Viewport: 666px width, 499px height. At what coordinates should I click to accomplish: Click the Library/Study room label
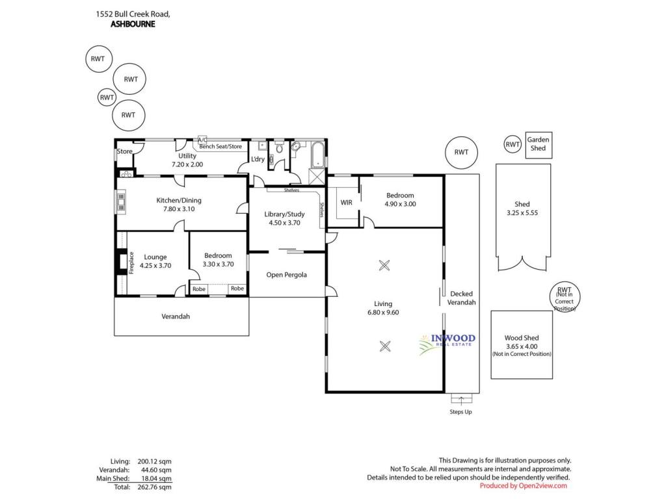[x=284, y=214]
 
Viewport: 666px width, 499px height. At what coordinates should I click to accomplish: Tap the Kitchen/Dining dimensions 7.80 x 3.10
[x=179, y=209]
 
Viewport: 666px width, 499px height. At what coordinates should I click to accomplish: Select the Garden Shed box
[x=539, y=145]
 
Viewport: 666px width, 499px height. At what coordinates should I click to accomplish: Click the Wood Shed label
[x=522, y=338]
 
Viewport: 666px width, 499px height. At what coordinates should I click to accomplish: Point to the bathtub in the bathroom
[x=317, y=155]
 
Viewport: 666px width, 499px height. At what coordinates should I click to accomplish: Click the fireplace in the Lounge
[x=122, y=262]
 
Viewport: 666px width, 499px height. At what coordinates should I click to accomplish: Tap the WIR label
[x=346, y=203]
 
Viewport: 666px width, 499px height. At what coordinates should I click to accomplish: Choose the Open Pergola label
[x=286, y=275]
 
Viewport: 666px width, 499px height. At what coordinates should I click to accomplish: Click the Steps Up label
[x=461, y=411]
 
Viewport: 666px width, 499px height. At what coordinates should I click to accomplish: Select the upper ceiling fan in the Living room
[x=384, y=266]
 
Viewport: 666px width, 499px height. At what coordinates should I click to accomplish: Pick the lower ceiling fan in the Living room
[x=385, y=346]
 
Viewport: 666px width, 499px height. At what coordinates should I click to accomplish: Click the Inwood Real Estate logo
[x=447, y=342]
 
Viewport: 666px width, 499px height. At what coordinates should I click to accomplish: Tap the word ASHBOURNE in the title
[x=133, y=24]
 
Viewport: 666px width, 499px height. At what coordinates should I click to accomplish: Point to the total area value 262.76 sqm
[x=155, y=487]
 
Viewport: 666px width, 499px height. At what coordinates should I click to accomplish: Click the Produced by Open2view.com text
[x=524, y=486]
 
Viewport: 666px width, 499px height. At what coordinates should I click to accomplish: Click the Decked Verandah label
[x=461, y=298]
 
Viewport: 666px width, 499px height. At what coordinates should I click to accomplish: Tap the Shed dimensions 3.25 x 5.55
[x=522, y=212]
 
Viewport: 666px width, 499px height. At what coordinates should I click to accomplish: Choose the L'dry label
[x=258, y=159]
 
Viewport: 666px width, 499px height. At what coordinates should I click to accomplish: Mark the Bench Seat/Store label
[x=220, y=146]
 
